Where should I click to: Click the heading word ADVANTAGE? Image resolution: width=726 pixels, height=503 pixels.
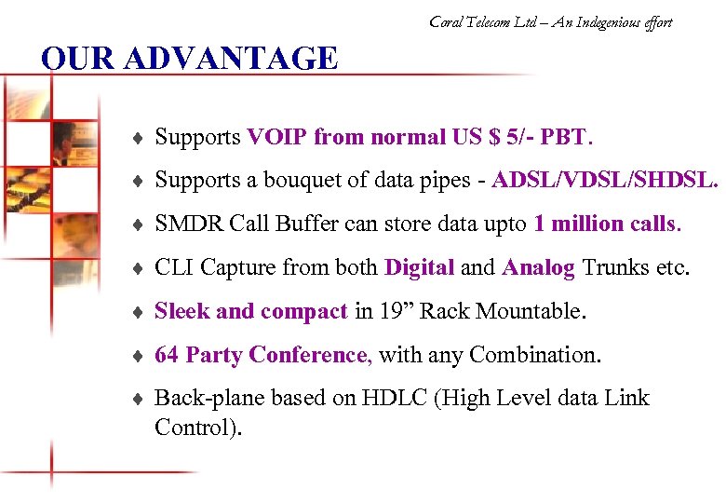click(231, 59)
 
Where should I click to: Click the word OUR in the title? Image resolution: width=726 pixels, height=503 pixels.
click(78, 59)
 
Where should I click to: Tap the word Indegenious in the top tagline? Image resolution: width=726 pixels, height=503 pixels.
click(600, 22)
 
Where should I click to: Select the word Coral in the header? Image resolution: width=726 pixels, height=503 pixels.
click(448, 22)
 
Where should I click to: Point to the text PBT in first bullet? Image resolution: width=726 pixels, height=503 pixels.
click(565, 138)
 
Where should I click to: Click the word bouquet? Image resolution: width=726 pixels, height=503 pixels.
click(297, 182)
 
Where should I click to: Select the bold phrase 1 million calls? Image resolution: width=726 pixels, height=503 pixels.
click(607, 224)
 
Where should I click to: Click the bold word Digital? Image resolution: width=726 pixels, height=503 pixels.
click(419, 268)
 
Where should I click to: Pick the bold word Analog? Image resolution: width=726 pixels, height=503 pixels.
click(538, 268)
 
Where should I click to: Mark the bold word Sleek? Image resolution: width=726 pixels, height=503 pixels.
click(181, 311)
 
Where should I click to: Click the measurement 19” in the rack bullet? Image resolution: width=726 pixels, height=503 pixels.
click(396, 311)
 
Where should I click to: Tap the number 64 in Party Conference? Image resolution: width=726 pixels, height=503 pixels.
click(167, 355)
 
